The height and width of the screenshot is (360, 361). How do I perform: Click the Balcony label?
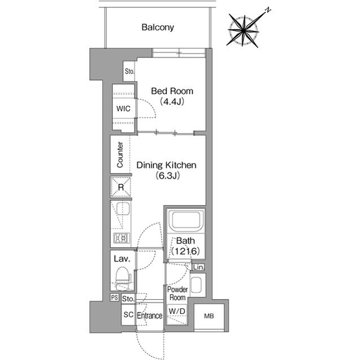pyautogui.click(x=157, y=26)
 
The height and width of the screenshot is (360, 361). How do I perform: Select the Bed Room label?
pyautogui.click(x=172, y=91)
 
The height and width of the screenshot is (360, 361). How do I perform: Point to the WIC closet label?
pyautogui.click(x=124, y=108)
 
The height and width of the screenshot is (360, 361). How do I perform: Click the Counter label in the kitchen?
pyautogui.click(x=120, y=155)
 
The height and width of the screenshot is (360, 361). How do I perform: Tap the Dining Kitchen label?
pyautogui.click(x=166, y=166)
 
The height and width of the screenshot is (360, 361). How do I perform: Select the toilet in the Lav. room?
pyautogui.click(x=122, y=277)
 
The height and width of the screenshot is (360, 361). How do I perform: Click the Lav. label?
pyautogui.click(x=122, y=259)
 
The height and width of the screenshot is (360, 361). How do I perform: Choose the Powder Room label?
pyautogui.click(x=178, y=293)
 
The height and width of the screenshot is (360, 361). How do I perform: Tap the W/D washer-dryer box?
pyautogui.click(x=178, y=310)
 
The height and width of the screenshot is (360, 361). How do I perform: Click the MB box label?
pyautogui.click(x=209, y=316)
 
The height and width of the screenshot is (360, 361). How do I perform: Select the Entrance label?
pyautogui.click(x=149, y=316)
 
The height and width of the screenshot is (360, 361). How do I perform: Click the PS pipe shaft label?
pyautogui.click(x=114, y=297)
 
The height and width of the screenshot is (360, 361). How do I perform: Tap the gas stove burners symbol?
pyautogui.click(x=121, y=238)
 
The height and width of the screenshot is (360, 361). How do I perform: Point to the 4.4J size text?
pyautogui.click(x=172, y=101)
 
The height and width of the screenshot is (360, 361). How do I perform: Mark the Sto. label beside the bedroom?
pyautogui.click(x=130, y=72)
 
